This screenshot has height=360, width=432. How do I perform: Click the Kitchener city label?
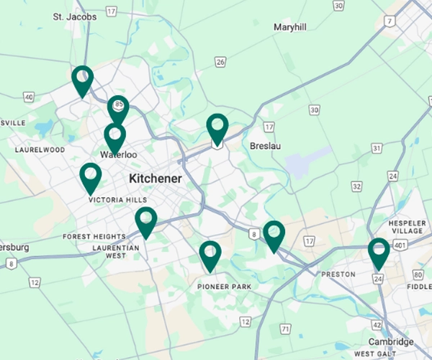coord(155,178)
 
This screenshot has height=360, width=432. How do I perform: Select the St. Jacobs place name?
coord(75,16)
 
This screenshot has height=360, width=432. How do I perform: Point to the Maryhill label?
coord(289,27)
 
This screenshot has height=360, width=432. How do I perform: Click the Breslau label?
coord(264,146)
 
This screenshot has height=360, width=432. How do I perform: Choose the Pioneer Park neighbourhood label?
coord(224,287)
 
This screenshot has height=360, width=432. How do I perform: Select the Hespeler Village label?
coord(408,228)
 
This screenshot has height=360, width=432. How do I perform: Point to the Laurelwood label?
coord(40,150)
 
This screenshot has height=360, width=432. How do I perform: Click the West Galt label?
coord(374,354)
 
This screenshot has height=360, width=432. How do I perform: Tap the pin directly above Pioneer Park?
coord(210,256)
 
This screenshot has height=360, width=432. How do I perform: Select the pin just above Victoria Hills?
coord(90,177)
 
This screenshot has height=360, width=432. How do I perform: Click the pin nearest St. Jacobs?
coord(83,80)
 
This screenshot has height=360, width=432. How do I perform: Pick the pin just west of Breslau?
coord(217,128)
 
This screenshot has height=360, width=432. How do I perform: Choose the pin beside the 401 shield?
coord(379,253)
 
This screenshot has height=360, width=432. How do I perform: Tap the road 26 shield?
coord(220,63)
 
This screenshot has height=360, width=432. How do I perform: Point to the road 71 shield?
coord(286,329)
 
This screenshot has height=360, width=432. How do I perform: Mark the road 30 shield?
coord(314,109)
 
